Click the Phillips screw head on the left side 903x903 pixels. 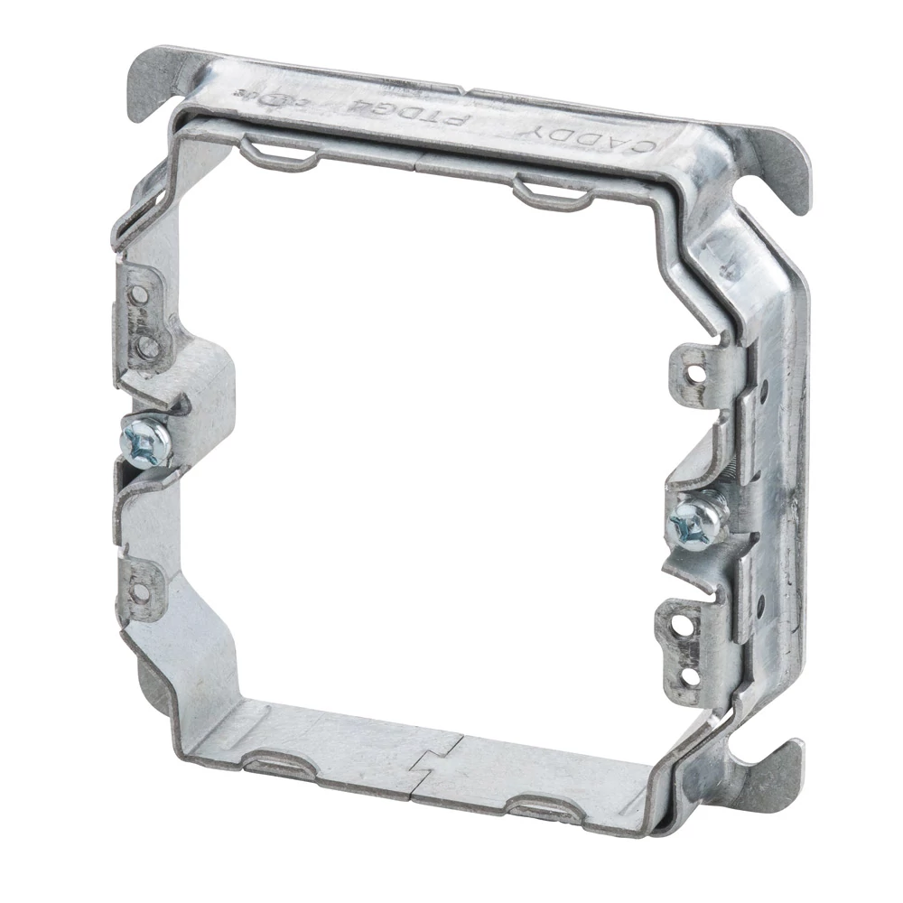(x=144, y=441)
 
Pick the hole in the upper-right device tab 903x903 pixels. (x=695, y=368)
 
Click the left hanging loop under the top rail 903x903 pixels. (x=280, y=150)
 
